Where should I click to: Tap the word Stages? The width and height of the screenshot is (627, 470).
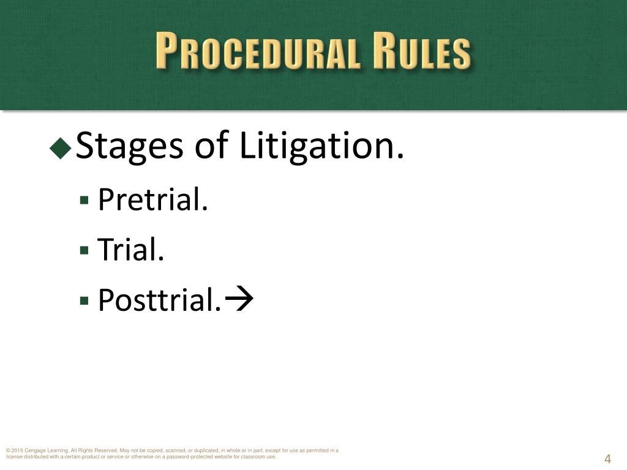pyautogui.click(x=129, y=147)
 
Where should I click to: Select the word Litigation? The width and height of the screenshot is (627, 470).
pyautogui.click(x=322, y=147)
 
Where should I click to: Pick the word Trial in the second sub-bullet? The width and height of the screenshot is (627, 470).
pyautogui.click(x=131, y=249)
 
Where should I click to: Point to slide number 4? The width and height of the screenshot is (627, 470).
pyautogui.click(x=608, y=460)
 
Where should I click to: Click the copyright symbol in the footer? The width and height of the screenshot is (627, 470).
pyautogui.click(x=8, y=451)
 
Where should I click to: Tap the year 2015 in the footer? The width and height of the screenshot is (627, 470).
pyautogui.click(x=17, y=451)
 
